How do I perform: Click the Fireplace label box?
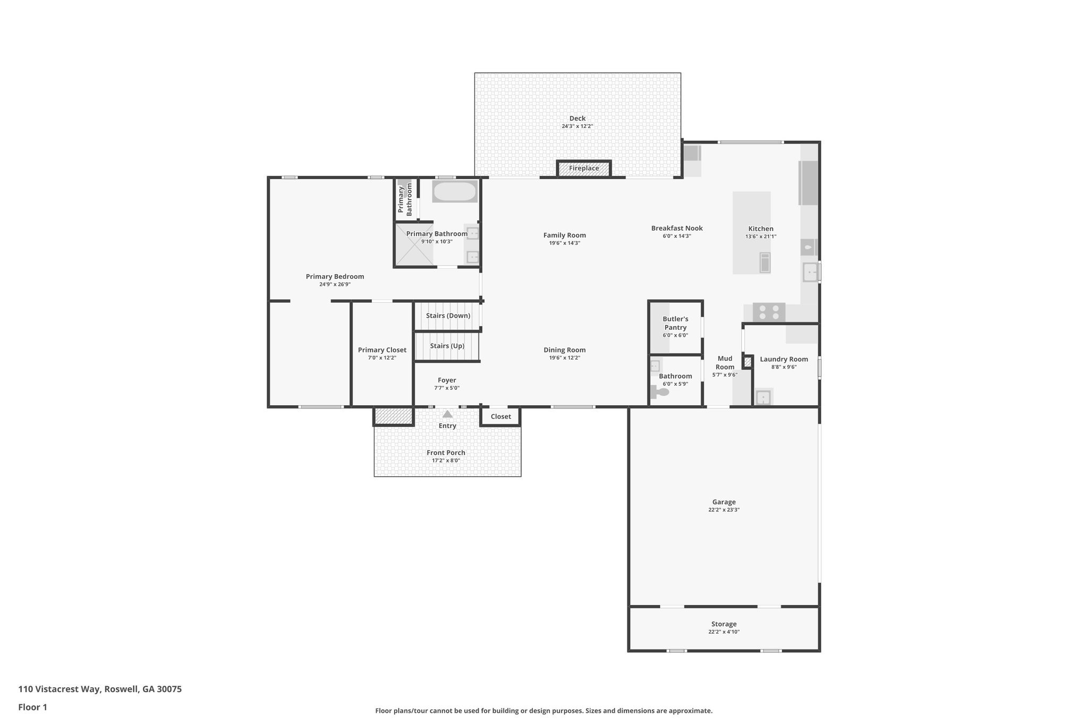coord(584,168)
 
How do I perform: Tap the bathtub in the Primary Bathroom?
coord(455,192)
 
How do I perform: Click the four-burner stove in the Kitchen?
coord(769,312)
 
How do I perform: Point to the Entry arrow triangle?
coord(447,414)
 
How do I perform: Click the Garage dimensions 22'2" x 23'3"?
coord(724,510)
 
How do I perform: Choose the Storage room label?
coord(724,624)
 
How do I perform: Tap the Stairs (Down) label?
coord(448,315)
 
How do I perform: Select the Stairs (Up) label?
coord(447,346)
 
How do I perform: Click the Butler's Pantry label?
coord(675,323)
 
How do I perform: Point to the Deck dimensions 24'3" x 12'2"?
coord(577,126)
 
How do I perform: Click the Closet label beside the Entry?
coord(500,416)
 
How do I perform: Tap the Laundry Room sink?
coord(763,397)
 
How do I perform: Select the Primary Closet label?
coord(382,350)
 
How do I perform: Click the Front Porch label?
coord(446,453)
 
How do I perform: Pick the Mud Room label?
coord(725,363)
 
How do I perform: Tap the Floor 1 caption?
coord(32,707)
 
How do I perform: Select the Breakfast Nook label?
coord(677,228)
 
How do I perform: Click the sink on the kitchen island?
coord(764,263)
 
